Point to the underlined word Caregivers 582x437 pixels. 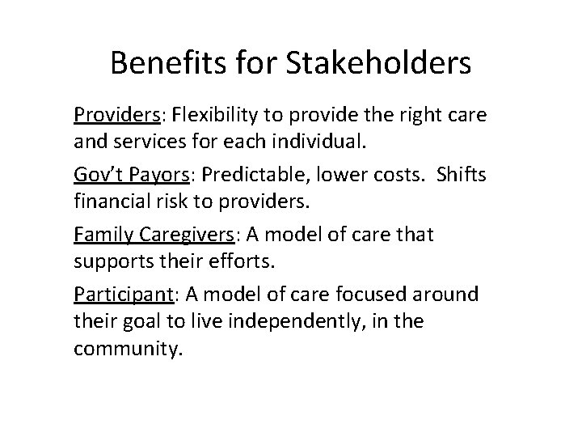pyautogui.click(x=193, y=234)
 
